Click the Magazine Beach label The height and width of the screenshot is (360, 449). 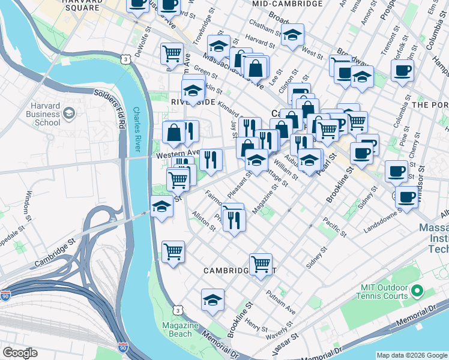click(180, 329)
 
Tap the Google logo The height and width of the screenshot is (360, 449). click(20, 353)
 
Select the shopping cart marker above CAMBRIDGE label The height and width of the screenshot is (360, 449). click(261, 263)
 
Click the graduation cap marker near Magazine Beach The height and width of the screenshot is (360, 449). click(212, 300)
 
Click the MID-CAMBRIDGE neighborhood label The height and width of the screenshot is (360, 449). click(288, 4)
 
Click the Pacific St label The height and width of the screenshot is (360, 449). click(334, 226)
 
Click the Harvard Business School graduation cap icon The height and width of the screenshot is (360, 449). click(69, 113)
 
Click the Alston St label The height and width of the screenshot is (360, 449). click(203, 220)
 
